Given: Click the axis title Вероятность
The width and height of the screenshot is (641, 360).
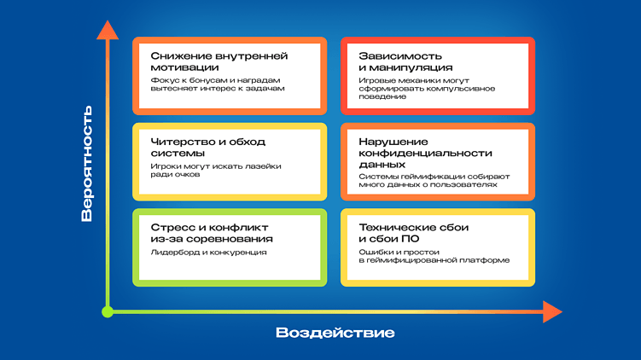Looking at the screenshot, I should click(87, 162).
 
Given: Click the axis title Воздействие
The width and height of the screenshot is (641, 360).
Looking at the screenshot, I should click(335, 333).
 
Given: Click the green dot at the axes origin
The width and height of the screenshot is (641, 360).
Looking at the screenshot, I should click(108, 312).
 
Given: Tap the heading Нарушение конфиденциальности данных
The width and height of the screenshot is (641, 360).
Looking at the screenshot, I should click(426, 153).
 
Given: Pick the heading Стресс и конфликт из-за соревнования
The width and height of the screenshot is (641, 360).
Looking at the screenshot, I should click(209, 233).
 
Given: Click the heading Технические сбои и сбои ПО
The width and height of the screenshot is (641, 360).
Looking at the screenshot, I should click(414, 233).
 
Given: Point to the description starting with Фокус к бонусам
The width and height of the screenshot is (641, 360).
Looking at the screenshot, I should click(217, 84).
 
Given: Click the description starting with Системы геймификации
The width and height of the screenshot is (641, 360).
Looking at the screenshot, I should click(434, 180).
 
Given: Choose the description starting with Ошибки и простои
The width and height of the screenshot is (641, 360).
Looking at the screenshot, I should click(434, 256).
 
